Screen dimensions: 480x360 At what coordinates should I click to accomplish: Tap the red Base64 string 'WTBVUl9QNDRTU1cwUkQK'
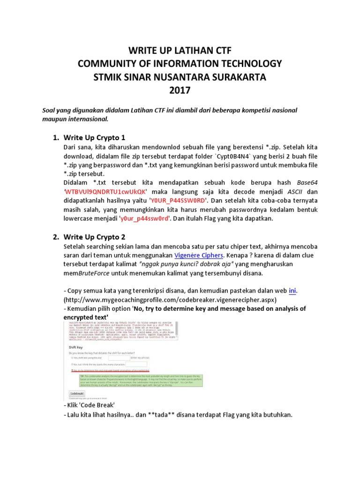click(106, 191)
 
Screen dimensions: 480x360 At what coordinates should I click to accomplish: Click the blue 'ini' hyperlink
click(292, 290)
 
